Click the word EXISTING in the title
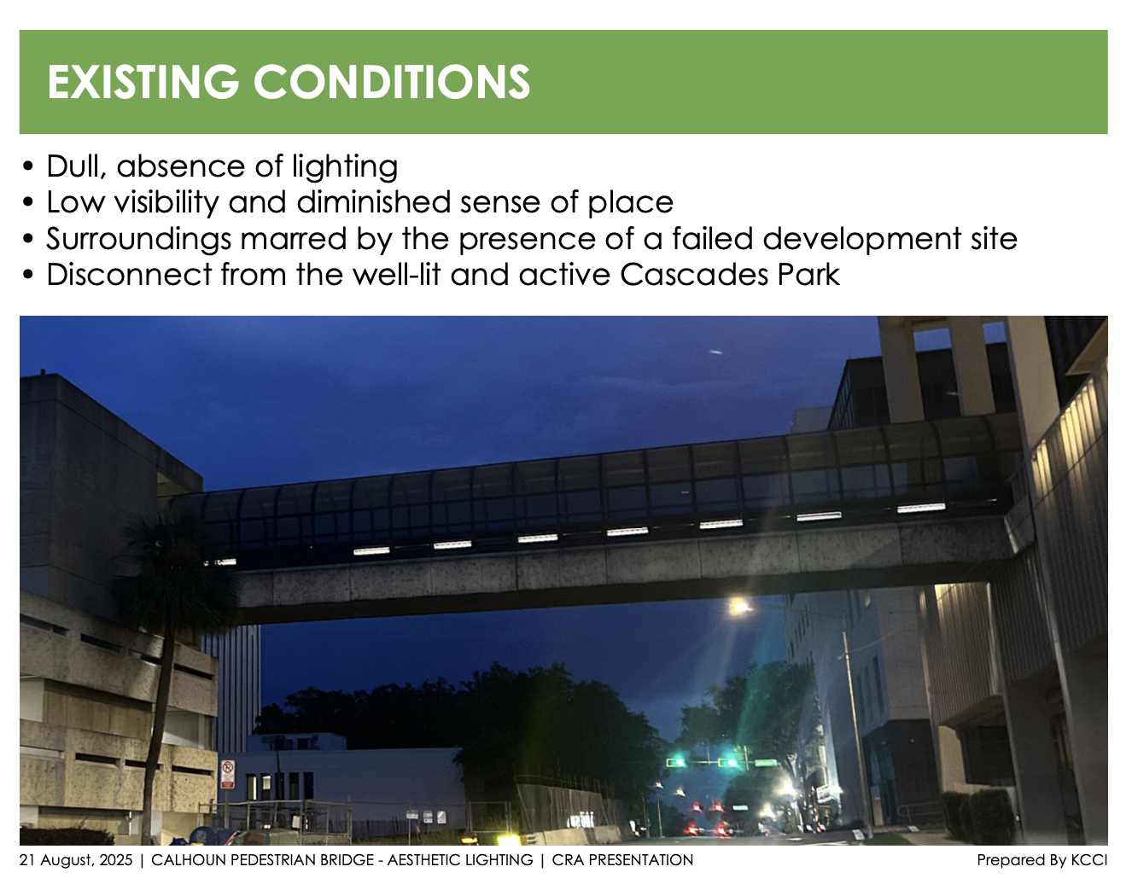(x=143, y=82)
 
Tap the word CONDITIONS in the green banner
(x=392, y=82)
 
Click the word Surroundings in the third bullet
(x=138, y=239)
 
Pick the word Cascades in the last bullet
(x=694, y=275)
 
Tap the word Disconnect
(x=130, y=275)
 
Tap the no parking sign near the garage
(x=228, y=774)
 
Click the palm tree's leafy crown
(x=172, y=567)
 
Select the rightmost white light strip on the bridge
(x=921, y=508)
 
